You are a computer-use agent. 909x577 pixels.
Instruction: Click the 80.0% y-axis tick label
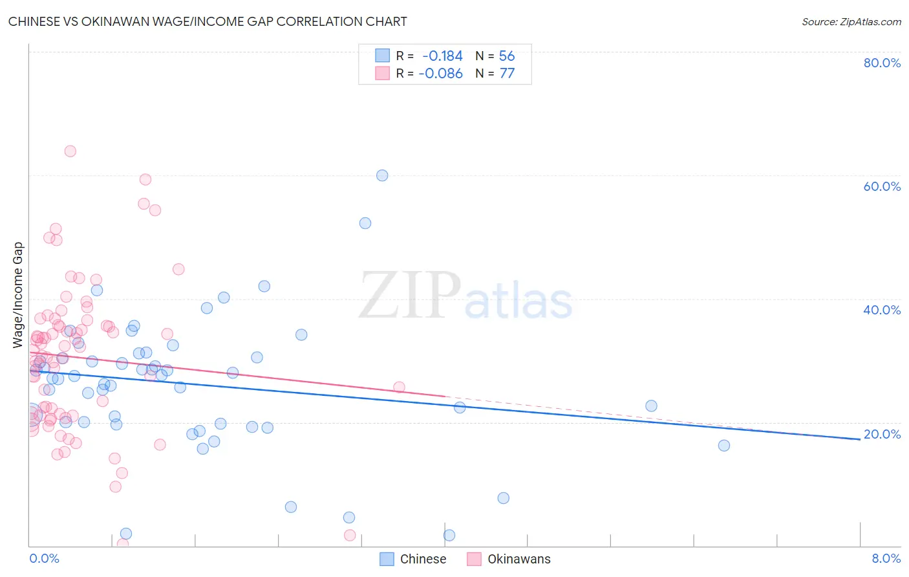pos(882,63)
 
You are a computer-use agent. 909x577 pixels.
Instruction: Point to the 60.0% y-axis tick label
pos(882,186)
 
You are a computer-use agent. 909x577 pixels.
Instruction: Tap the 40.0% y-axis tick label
pos(882,310)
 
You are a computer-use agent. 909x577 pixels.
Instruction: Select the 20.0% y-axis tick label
pos(882,434)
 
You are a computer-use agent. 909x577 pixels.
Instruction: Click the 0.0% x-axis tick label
pos(44,559)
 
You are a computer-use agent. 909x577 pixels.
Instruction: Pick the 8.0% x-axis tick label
pos(886,559)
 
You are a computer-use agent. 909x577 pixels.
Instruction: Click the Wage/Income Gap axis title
pos(18,295)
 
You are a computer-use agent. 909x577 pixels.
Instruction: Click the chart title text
pos(208,21)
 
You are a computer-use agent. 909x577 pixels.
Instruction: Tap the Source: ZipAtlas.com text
pos(851,22)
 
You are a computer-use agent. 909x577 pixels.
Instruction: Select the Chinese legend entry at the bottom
pos(413,559)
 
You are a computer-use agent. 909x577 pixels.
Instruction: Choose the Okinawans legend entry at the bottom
pos(509,559)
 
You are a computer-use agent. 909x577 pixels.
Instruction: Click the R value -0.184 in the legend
pos(442,56)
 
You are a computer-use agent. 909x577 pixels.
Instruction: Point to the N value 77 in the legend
pos(507,74)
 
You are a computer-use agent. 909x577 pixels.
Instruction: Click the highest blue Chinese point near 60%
pos(382,175)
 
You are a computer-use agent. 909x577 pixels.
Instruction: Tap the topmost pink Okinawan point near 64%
pos(70,151)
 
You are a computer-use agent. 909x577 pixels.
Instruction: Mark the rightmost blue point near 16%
pos(724,446)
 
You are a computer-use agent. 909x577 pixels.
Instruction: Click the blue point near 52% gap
pos(365,223)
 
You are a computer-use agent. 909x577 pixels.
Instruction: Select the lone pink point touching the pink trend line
pos(399,387)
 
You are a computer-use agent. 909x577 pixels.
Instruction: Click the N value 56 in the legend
pos(507,56)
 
